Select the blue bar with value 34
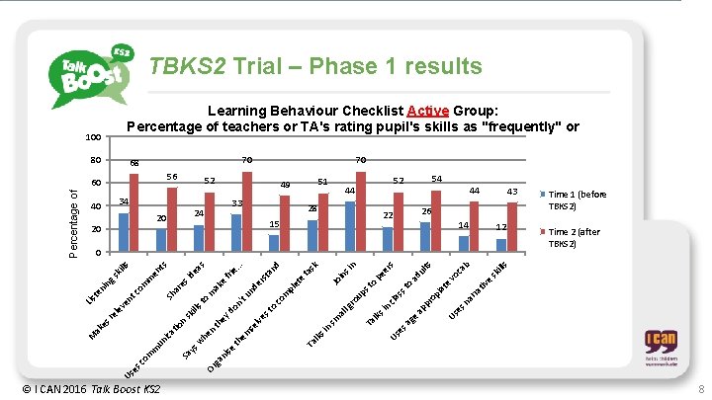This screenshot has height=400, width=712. [x=124, y=233]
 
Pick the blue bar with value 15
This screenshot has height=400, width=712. [x=274, y=244]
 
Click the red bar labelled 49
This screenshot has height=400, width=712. [x=285, y=224]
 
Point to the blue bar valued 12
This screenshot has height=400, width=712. [x=501, y=246]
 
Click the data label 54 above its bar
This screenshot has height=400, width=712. [x=436, y=179]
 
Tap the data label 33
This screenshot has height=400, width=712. [x=237, y=203]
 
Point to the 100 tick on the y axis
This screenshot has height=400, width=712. [x=94, y=136]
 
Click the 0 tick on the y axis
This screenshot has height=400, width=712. [x=101, y=253]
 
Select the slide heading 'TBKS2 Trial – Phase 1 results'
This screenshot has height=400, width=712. [x=314, y=66]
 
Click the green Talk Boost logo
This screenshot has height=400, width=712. [x=90, y=73]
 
